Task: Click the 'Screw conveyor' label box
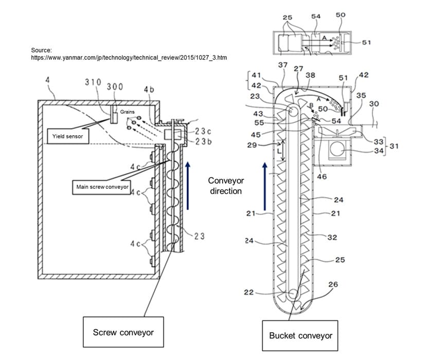(x=123, y=332)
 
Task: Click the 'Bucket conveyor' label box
(x=300, y=335)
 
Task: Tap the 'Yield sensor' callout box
(x=68, y=136)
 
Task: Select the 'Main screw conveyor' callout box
(x=102, y=187)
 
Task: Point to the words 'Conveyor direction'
(x=226, y=186)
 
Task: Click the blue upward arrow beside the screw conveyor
(x=188, y=186)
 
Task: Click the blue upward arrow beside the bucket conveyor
(x=265, y=186)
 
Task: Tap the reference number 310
(x=93, y=82)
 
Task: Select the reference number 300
(x=115, y=86)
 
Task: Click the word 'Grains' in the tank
(x=127, y=112)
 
